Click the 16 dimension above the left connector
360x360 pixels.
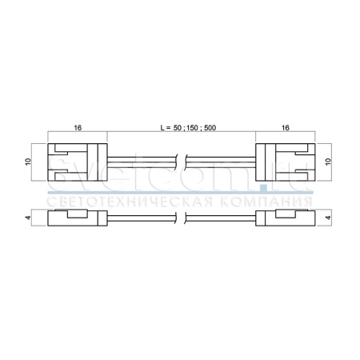[78, 128]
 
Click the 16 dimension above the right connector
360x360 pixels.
[286, 128]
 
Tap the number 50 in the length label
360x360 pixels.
[178, 128]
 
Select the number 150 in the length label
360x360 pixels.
[192, 128]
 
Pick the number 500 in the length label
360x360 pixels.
[210, 128]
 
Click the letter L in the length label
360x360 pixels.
[162, 128]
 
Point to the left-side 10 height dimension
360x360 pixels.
[28, 162]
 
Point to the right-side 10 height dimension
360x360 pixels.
[328, 162]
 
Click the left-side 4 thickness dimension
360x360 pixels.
[28, 218]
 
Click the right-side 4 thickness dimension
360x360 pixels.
[328, 218]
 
